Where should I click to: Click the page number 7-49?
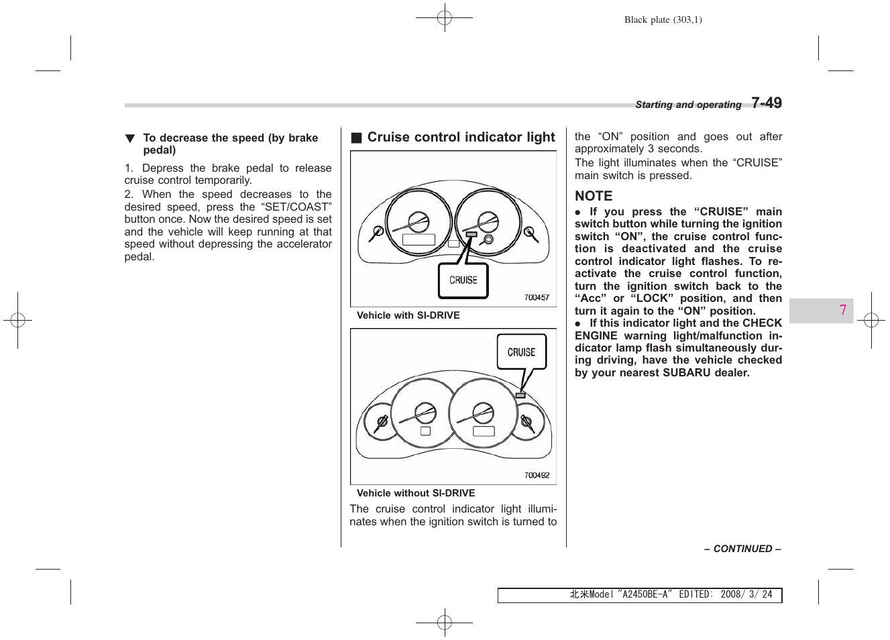click(x=766, y=103)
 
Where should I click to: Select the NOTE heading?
click(x=594, y=196)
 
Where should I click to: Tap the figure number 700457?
click(x=537, y=297)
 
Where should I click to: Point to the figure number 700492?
click(x=537, y=475)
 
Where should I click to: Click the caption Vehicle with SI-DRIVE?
click(x=408, y=315)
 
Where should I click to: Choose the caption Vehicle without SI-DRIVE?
click(x=415, y=493)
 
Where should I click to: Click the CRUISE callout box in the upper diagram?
click(x=463, y=280)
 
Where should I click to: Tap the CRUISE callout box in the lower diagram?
click(x=521, y=352)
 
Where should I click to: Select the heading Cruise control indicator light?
click(x=461, y=138)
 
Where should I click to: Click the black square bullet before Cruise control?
click(x=356, y=138)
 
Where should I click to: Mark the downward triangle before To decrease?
click(x=130, y=138)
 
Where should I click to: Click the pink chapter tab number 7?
click(x=842, y=310)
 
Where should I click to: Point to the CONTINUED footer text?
click(x=742, y=549)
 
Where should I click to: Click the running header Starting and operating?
click(x=688, y=105)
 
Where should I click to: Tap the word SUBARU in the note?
click(x=686, y=372)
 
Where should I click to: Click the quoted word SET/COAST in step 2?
click(x=296, y=207)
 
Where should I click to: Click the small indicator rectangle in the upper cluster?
click(x=471, y=234)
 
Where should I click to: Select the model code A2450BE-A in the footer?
click(x=646, y=594)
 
